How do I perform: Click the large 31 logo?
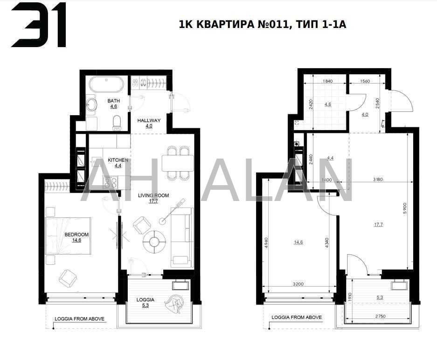pyautogui.click(x=39, y=25)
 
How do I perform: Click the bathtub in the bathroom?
pyautogui.click(x=106, y=86)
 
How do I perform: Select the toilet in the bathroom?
pyautogui.click(x=117, y=123)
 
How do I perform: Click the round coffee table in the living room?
pyautogui.click(x=155, y=241)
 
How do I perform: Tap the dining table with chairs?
pyautogui.click(x=178, y=163)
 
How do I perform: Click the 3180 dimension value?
pyautogui.click(x=378, y=180)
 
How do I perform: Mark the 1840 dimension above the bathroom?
pyautogui.click(x=327, y=81)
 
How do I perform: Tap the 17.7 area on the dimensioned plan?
pyautogui.click(x=378, y=225)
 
